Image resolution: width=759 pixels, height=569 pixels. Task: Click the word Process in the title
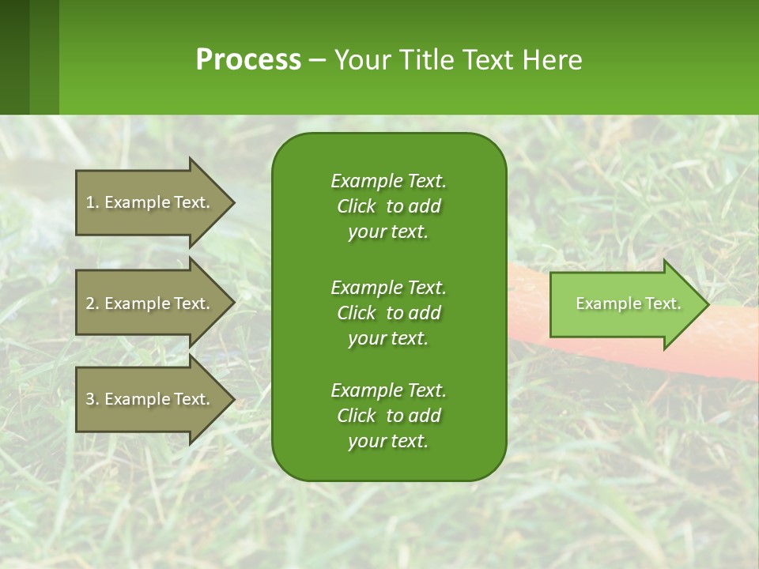(x=248, y=60)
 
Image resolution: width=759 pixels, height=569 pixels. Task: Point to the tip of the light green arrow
(x=708, y=304)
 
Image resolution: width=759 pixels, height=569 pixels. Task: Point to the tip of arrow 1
(x=233, y=202)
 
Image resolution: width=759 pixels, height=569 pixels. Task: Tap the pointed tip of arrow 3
(x=233, y=399)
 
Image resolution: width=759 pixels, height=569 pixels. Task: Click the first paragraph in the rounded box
(x=388, y=206)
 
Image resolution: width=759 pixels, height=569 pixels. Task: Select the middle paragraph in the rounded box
(x=388, y=313)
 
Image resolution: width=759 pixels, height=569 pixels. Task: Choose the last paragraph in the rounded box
(x=388, y=416)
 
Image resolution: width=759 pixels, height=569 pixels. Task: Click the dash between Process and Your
(x=317, y=61)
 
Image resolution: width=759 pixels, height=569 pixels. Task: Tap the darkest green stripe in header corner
(x=14, y=57)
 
